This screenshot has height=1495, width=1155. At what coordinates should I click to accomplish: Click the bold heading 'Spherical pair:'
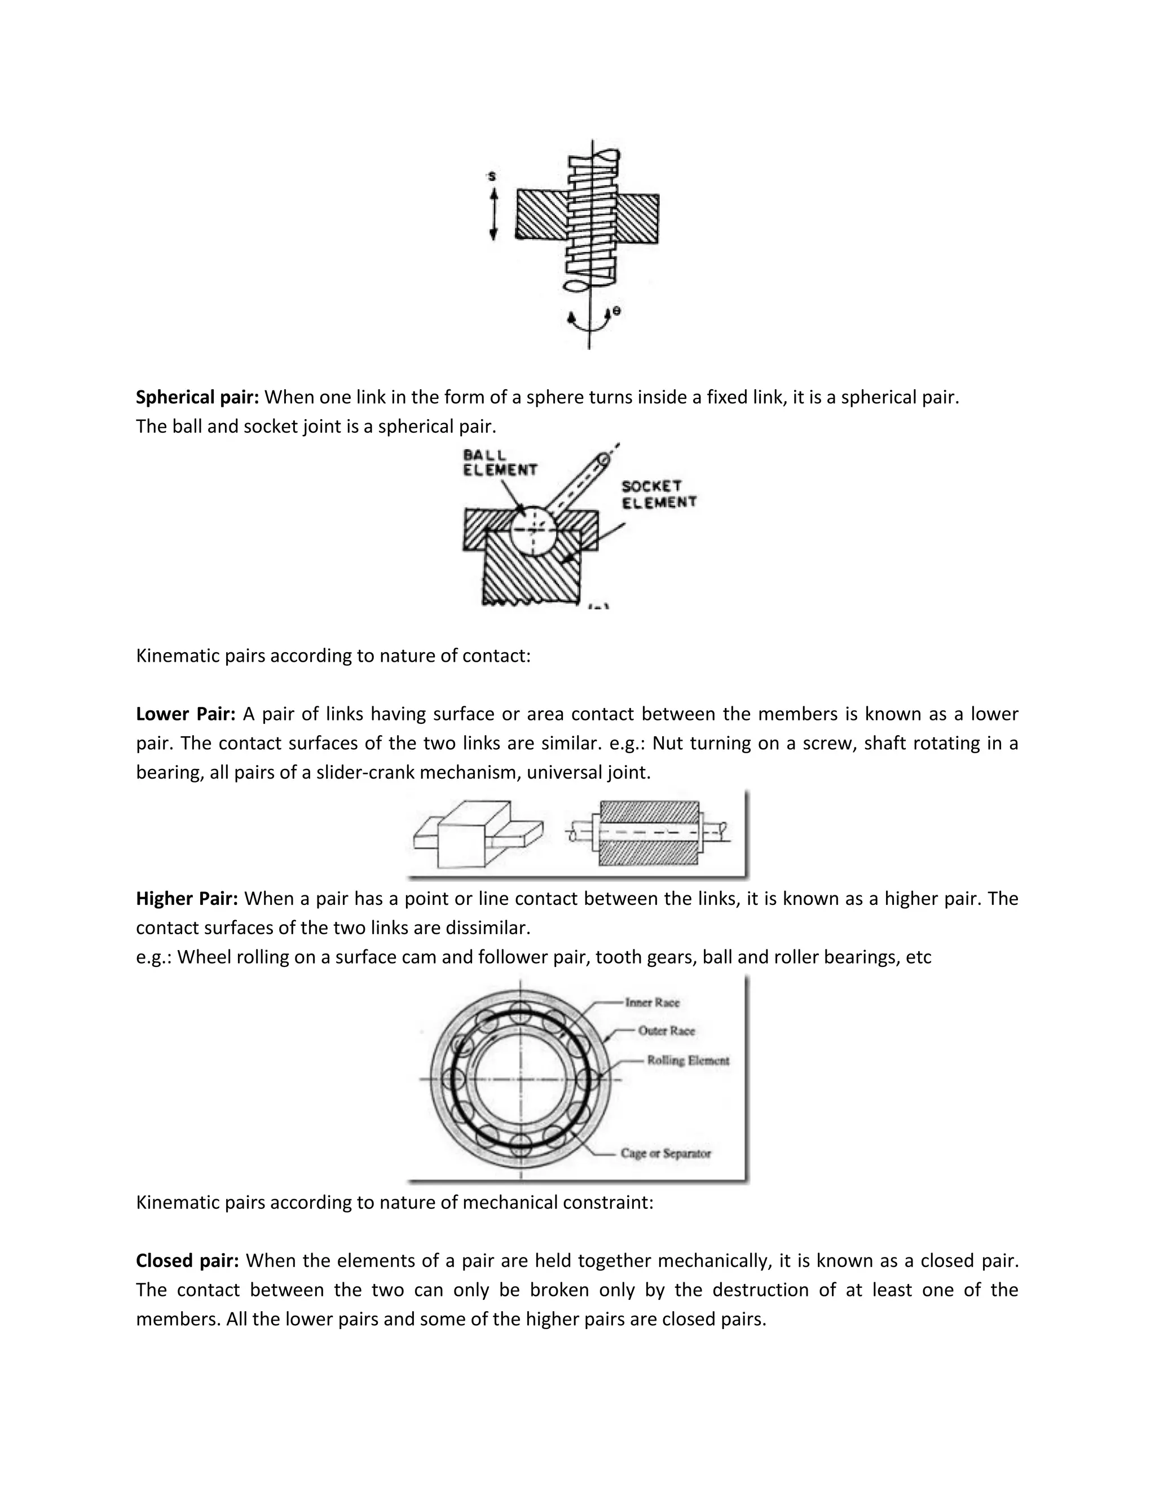click(x=197, y=397)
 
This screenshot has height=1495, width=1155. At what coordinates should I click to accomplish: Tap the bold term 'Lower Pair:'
click(x=186, y=714)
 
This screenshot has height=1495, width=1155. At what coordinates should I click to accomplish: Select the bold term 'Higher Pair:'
click(x=187, y=898)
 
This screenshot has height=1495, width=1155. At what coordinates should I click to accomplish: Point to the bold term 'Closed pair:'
click(x=187, y=1260)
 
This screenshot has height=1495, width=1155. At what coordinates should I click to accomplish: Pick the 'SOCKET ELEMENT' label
click(x=658, y=494)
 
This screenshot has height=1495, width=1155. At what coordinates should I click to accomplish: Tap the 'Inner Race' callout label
click(x=652, y=1002)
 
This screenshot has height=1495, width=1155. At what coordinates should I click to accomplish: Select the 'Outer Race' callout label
click(x=666, y=1030)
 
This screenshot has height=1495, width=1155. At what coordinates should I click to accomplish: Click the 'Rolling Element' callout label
click(x=687, y=1061)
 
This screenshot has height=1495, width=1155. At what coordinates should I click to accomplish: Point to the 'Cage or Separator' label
click(x=665, y=1154)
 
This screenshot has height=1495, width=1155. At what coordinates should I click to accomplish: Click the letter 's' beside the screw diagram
click(x=491, y=177)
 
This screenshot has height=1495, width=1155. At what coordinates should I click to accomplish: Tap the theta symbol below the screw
click(x=616, y=311)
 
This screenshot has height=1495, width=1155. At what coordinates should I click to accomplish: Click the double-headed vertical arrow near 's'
click(x=493, y=215)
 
